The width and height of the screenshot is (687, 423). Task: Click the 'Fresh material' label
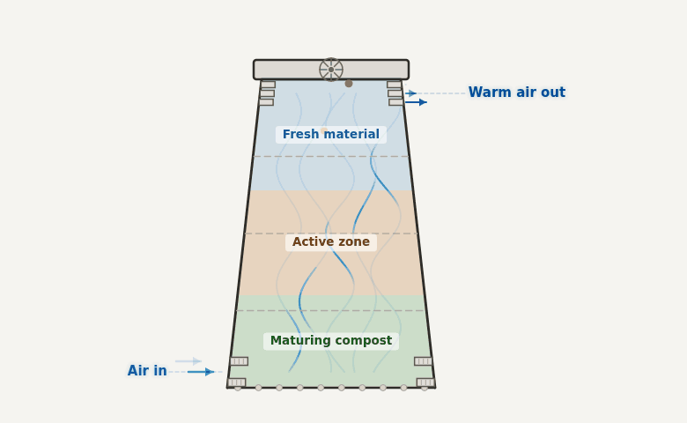click(x=331, y=135)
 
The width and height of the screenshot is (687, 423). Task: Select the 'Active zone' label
click(x=331, y=242)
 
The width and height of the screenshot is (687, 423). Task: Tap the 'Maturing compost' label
click(x=331, y=341)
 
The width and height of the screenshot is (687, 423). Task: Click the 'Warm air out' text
click(x=516, y=93)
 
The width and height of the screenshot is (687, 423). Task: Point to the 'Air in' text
click(x=147, y=371)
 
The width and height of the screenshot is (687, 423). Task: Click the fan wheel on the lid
click(x=331, y=70)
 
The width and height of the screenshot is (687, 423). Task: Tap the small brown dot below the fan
click(x=349, y=84)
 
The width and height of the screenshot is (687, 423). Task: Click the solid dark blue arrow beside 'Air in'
click(x=201, y=372)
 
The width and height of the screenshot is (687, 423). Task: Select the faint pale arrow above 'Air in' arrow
click(x=188, y=361)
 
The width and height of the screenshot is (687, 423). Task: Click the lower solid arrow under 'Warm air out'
click(x=416, y=102)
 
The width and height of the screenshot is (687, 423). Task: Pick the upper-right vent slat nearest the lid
click(x=394, y=85)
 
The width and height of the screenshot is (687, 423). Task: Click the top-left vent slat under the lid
click(x=268, y=85)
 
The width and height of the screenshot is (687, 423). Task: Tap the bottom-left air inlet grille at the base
click(x=237, y=382)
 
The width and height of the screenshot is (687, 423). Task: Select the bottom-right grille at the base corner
click(x=425, y=382)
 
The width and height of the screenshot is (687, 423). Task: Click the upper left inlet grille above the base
click(x=239, y=361)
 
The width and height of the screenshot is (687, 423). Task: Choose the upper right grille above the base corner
click(x=424, y=361)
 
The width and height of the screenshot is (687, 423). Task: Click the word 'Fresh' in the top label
click(x=301, y=135)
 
